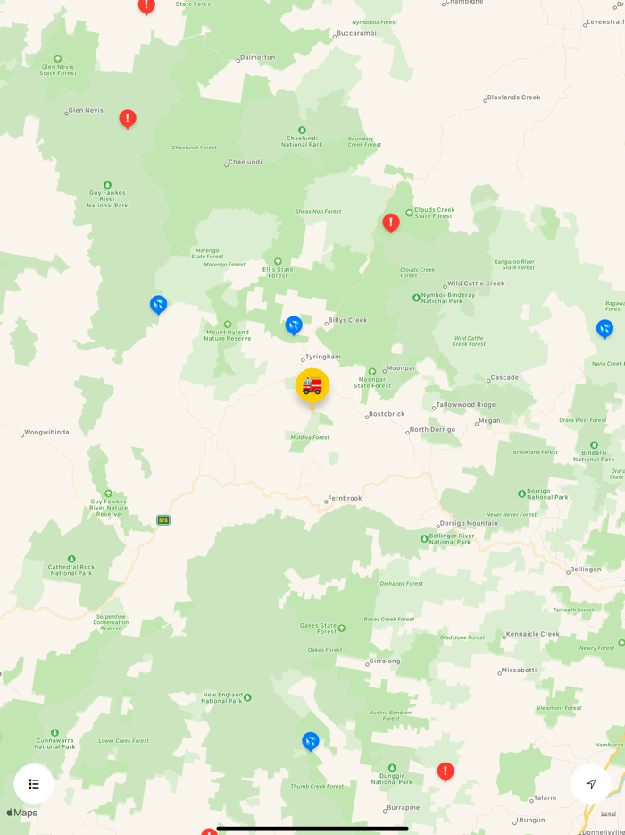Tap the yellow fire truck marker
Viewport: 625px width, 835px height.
tap(312, 386)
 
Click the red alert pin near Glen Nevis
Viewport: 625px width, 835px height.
tap(128, 118)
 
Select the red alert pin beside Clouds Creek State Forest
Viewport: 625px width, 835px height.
tap(390, 222)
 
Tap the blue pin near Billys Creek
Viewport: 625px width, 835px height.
tap(294, 325)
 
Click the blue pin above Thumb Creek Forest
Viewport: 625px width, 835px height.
tap(311, 741)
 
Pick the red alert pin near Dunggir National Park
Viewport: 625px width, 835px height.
tap(446, 771)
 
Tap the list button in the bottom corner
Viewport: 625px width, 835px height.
tap(34, 784)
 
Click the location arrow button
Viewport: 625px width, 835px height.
tap(591, 784)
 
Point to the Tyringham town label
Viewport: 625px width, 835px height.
tap(322, 357)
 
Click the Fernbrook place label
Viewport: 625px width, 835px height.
tap(345, 498)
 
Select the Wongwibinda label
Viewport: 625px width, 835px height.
tap(46, 433)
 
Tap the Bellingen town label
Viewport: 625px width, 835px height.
tap(586, 569)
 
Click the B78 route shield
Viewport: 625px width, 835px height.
tap(163, 519)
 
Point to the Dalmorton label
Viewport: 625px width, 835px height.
tap(258, 58)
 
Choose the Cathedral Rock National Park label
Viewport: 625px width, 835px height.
tap(71, 569)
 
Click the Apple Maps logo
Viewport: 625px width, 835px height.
tap(22, 813)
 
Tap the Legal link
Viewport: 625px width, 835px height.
tap(608, 814)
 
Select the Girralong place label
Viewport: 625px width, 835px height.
tap(385, 662)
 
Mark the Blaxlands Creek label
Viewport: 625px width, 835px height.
tap(514, 97)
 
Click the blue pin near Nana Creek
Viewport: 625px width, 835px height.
tap(604, 329)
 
